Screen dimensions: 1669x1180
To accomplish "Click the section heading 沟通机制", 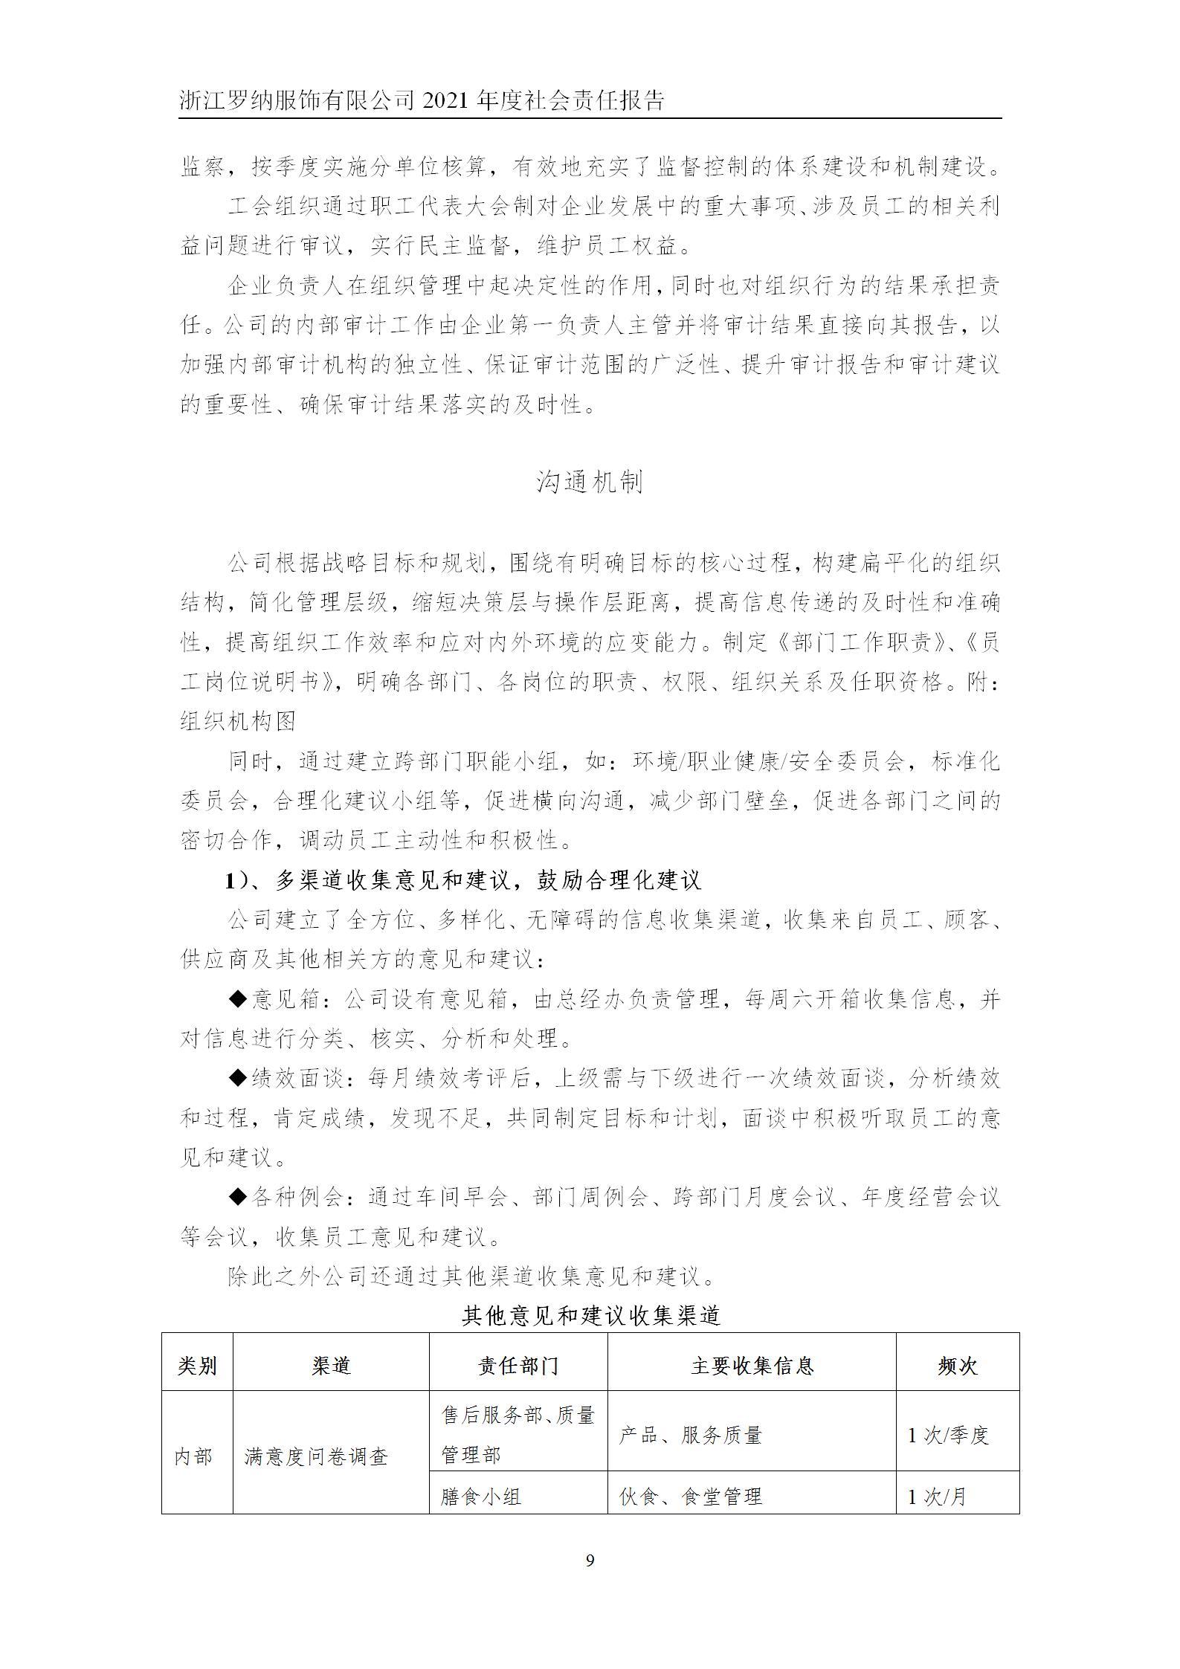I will (590, 483).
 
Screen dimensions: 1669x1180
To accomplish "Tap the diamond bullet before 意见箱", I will (237, 999).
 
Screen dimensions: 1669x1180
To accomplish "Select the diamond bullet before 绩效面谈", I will (237, 1078).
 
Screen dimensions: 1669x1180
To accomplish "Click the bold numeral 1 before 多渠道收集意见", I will (231, 881).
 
